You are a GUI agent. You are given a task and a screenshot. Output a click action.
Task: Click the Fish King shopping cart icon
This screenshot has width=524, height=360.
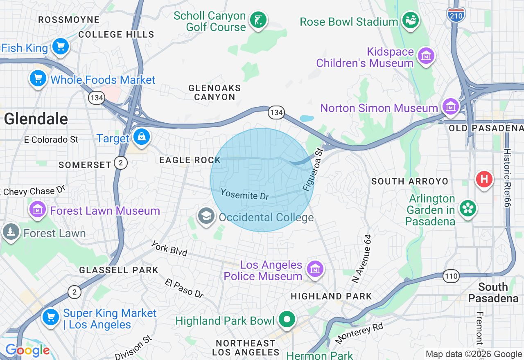click(x=61, y=46)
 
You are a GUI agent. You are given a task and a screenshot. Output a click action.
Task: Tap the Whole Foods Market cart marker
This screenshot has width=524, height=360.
click(x=38, y=78)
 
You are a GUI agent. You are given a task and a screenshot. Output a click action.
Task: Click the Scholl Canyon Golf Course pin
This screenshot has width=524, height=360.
click(x=258, y=19)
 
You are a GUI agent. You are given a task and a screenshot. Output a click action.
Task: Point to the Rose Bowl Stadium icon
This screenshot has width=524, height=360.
click(x=411, y=20)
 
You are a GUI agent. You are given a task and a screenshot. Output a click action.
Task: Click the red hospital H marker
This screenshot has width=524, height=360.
click(x=484, y=179)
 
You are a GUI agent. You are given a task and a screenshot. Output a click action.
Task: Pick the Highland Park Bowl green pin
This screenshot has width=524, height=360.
click(x=287, y=319)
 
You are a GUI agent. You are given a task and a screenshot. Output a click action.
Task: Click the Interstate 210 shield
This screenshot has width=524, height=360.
click(x=456, y=15)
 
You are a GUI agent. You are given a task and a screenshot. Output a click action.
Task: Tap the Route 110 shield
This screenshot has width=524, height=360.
click(x=451, y=276)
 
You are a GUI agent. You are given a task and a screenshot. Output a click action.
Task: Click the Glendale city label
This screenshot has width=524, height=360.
click(x=36, y=119)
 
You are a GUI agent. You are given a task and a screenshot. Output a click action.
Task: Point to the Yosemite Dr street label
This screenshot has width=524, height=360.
click(x=245, y=194)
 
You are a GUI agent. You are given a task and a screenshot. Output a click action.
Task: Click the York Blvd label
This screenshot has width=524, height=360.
click(x=169, y=249)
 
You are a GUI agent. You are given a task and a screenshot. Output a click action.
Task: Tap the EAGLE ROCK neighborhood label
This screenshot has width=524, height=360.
click(x=190, y=160)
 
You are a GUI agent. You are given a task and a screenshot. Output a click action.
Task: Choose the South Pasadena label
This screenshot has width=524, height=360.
click(x=493, y=292)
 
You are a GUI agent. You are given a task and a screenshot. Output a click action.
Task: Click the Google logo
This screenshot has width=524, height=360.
click(x=27, y=351)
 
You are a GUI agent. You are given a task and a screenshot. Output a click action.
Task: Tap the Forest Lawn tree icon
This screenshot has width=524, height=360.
click(x=11, y=232)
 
